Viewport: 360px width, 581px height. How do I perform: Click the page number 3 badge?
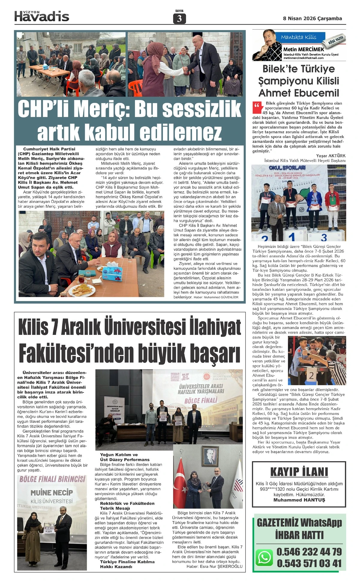tap(179, 19)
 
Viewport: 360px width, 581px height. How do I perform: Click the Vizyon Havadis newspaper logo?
tap(42, 16)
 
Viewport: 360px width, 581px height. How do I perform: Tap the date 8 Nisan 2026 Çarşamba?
tap(312, 18)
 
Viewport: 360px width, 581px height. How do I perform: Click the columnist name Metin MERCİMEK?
tap(304, 49)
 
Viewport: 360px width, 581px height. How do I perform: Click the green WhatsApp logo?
tap(264, 557)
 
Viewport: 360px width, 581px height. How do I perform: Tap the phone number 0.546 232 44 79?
tap(309, 551)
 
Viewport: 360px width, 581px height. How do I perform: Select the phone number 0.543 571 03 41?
tap(309, 563)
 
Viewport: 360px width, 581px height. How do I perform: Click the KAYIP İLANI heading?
tap(299, 472)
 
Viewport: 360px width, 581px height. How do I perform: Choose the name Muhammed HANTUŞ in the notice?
tap(299, 500)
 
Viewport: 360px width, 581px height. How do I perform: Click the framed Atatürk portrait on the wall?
tap(211, 456)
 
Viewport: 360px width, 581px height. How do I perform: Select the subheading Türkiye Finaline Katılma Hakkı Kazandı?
tap(127, 564)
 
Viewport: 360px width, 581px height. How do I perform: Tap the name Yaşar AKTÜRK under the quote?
tap(331, 156)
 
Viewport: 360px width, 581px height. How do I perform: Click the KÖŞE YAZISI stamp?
tap(337, 40)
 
